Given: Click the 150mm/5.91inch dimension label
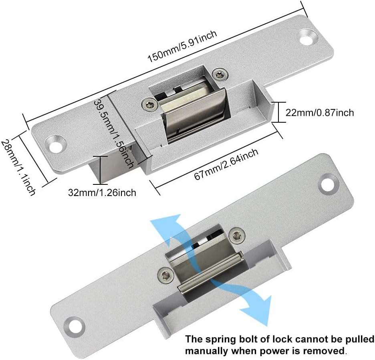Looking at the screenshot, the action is [182, 46].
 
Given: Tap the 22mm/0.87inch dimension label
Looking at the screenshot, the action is [320, 112].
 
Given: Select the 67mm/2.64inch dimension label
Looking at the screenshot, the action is [226, 164].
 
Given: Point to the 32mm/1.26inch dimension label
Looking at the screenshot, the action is [102, 192].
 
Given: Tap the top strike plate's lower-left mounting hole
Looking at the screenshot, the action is [55, 144].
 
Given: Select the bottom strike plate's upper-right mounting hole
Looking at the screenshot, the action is [328, 184].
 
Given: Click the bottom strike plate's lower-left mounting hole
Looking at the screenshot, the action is [75, 326].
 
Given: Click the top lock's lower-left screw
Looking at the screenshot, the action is [149, 105].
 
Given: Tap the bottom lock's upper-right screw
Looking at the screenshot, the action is [237, 236].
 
